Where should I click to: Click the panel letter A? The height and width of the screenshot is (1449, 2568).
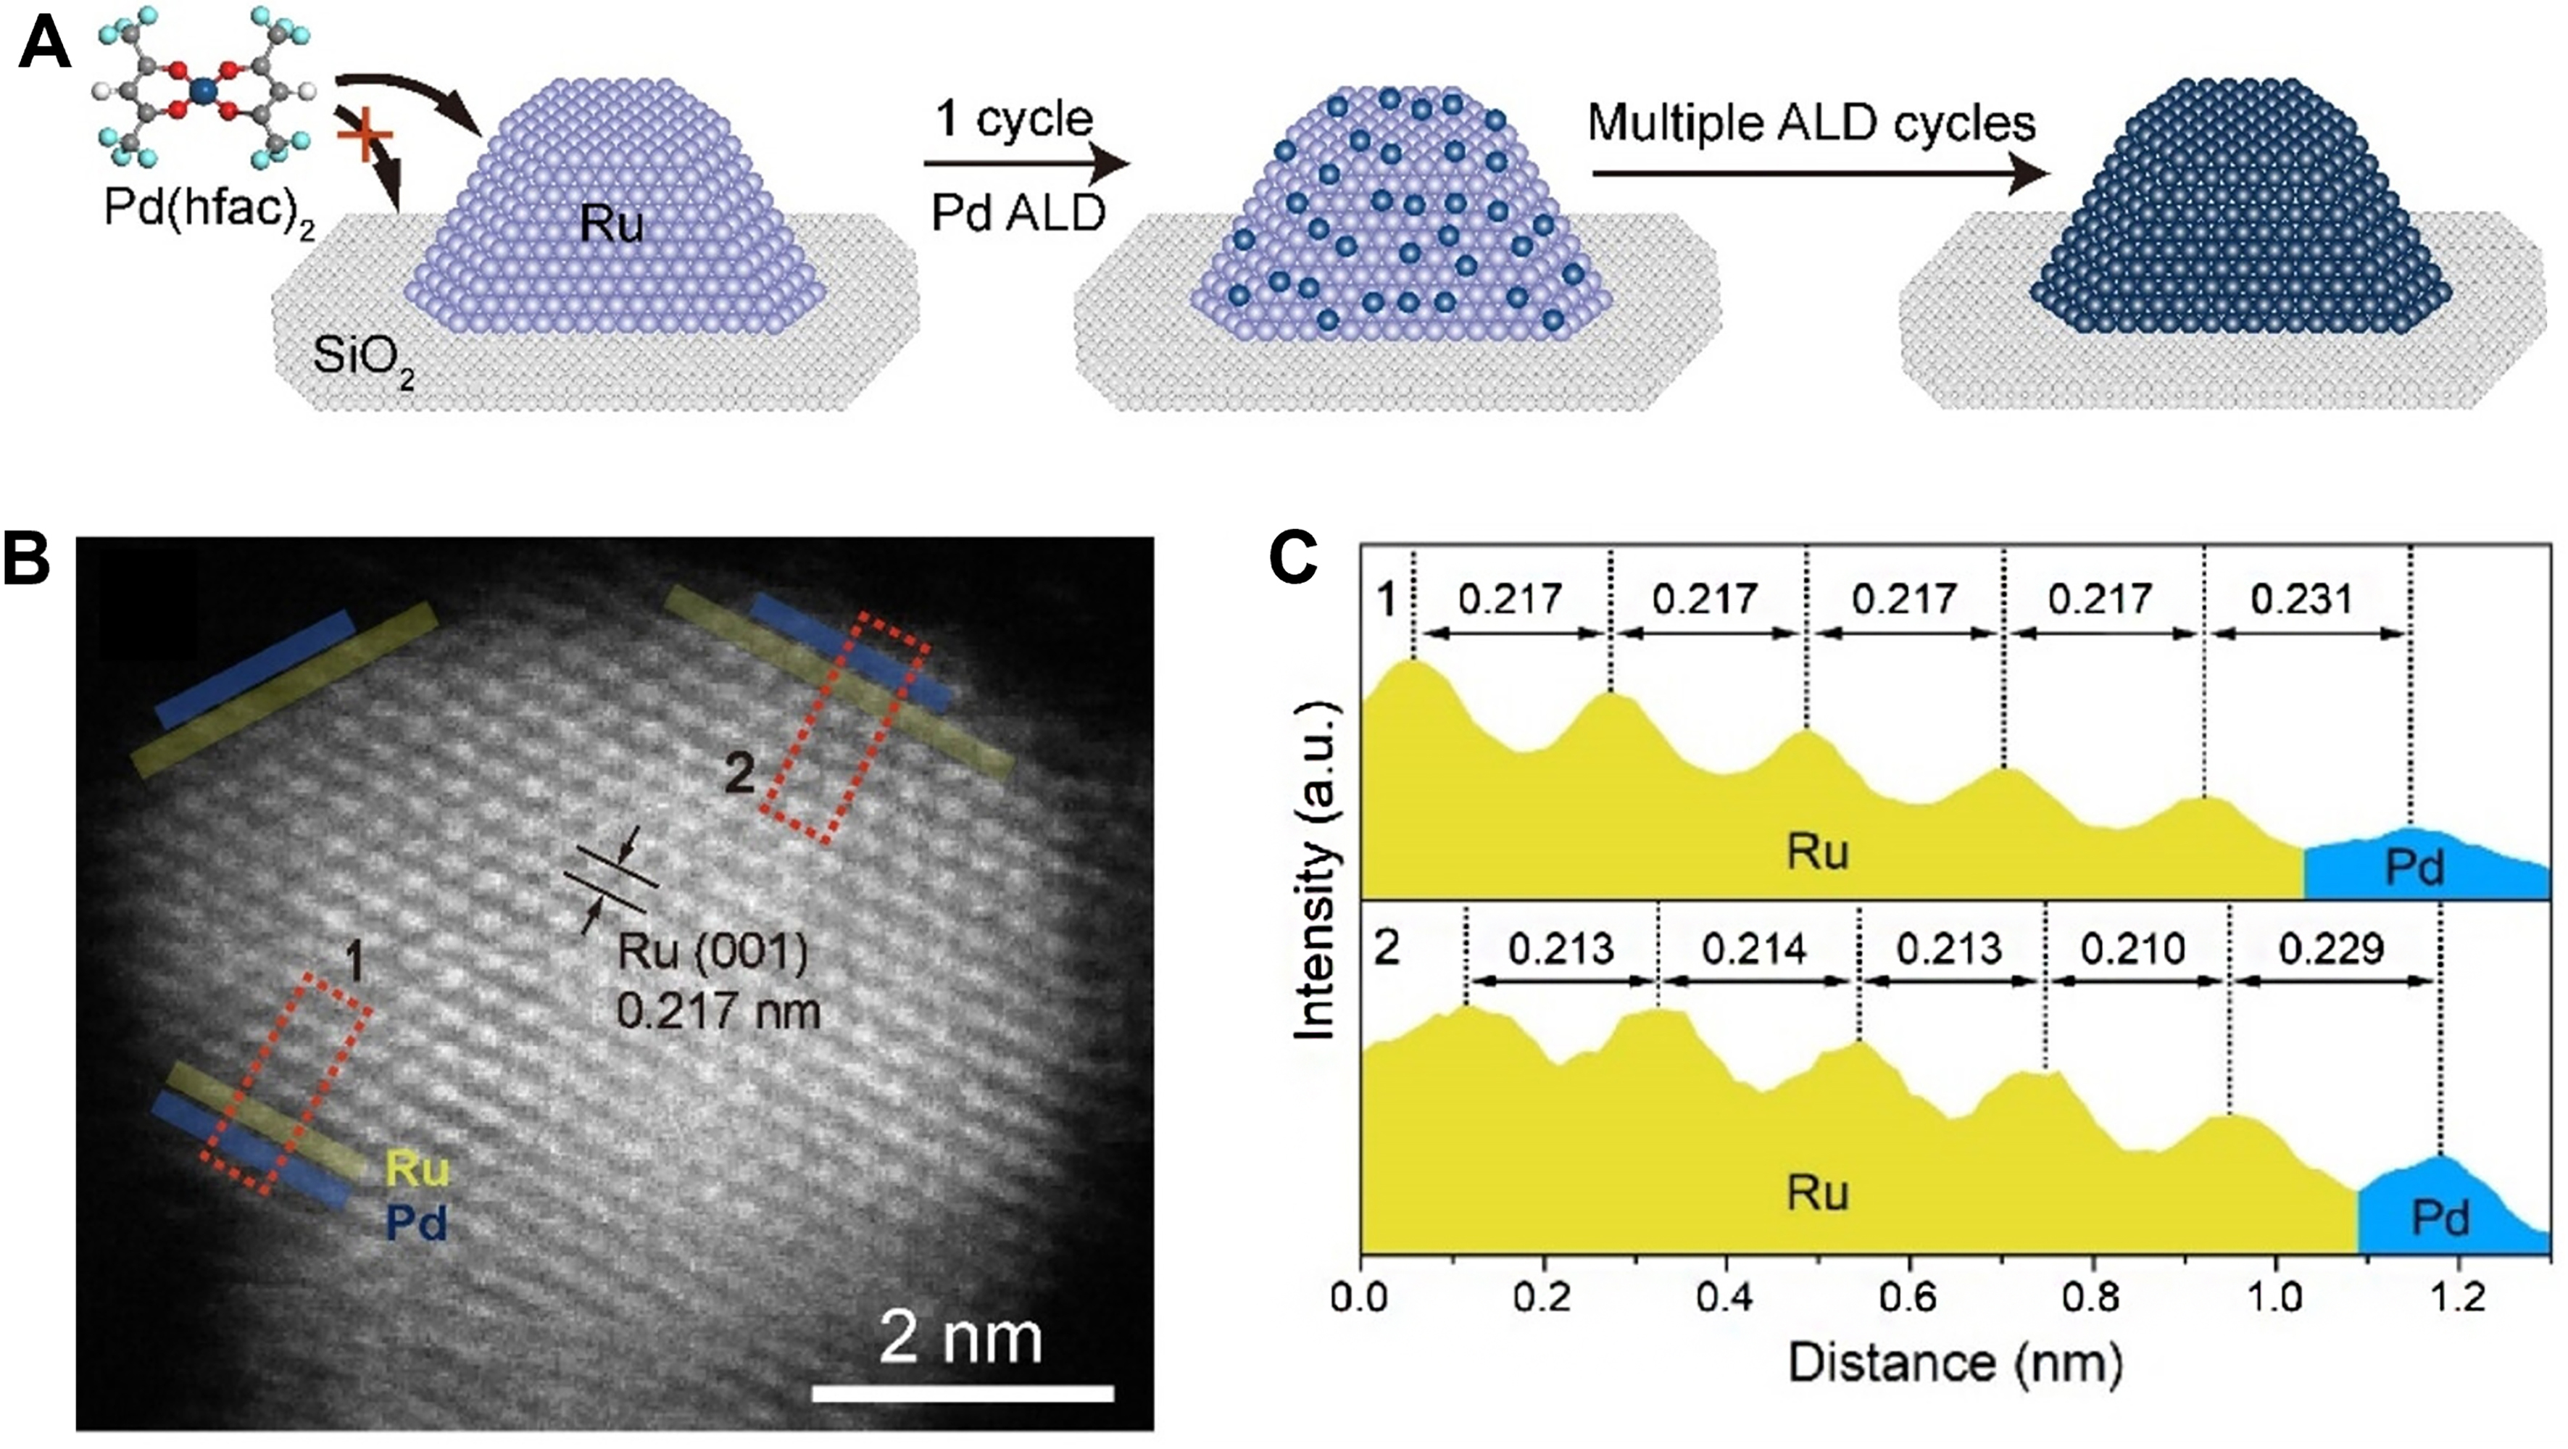[45, 45]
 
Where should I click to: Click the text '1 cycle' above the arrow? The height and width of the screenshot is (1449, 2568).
[1014, 120]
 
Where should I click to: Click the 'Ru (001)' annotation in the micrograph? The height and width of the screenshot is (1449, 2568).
[712, 952]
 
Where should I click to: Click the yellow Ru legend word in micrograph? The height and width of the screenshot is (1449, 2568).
[417, 1168]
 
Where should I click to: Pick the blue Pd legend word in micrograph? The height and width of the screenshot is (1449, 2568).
[417, 1223]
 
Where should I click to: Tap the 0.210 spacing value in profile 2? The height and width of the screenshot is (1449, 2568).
[2133, 948]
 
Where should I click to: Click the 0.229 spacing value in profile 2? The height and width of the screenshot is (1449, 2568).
[2331, 948]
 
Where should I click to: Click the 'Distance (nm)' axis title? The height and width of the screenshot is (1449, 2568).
[1954, 1362]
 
